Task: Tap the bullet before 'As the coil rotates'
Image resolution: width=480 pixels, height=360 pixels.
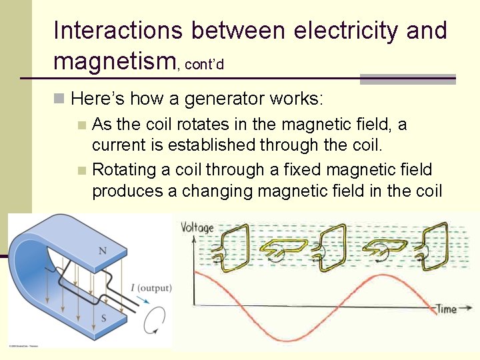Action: click(81, 125)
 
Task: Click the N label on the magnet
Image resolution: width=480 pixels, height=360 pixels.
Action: click(103, 251)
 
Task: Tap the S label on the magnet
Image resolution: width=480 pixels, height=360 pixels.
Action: click(103, 319)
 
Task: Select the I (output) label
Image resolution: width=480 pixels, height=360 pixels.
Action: click(151, 288)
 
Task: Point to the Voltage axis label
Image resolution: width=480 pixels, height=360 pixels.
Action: click(197, 227)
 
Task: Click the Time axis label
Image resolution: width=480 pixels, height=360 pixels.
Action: click(446, 309)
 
